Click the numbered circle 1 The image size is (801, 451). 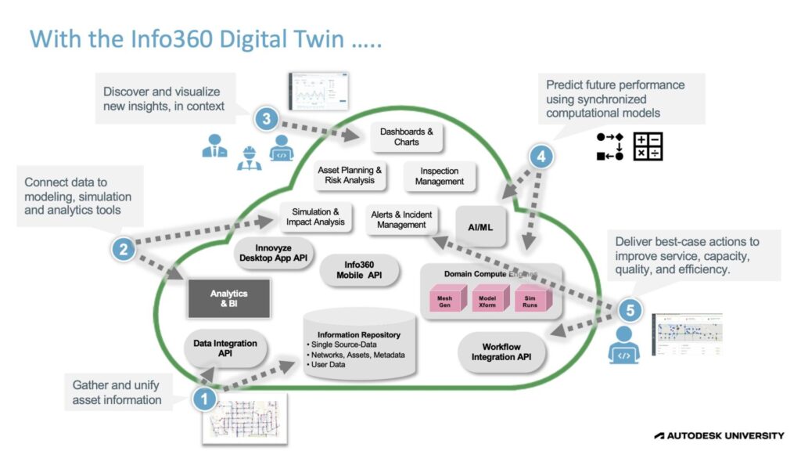205,399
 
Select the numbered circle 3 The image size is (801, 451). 266,119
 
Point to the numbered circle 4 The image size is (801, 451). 541,157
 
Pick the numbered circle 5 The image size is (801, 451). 630,309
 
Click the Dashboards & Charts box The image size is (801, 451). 407,137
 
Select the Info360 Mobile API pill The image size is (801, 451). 360,270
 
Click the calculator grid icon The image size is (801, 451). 648,146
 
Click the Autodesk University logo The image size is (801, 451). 719,435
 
